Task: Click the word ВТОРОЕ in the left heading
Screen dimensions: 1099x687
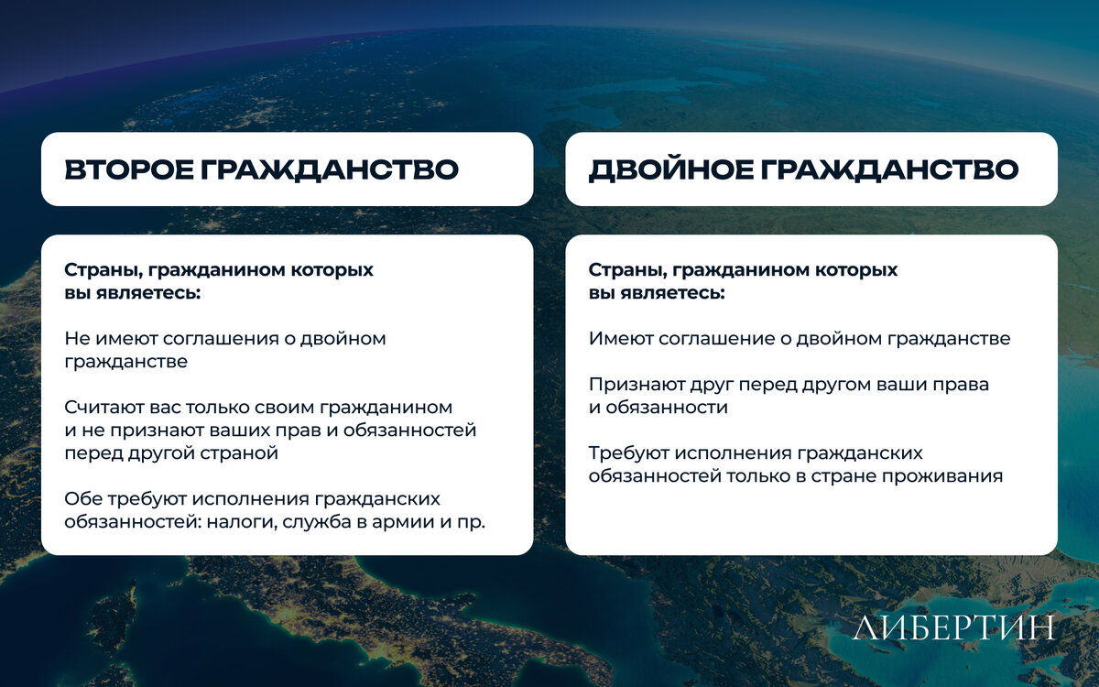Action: point(129,169)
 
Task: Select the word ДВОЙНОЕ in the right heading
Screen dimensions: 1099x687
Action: point(670,169)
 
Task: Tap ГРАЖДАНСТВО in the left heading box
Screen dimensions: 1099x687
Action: point(330,169)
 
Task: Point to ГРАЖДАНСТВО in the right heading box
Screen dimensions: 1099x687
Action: point(889,169)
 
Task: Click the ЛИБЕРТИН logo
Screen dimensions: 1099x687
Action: point(953,627)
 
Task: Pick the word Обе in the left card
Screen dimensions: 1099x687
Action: point(83,498)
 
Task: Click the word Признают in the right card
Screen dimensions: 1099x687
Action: point(636,386)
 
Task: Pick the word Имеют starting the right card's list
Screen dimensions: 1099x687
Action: point(620,339)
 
